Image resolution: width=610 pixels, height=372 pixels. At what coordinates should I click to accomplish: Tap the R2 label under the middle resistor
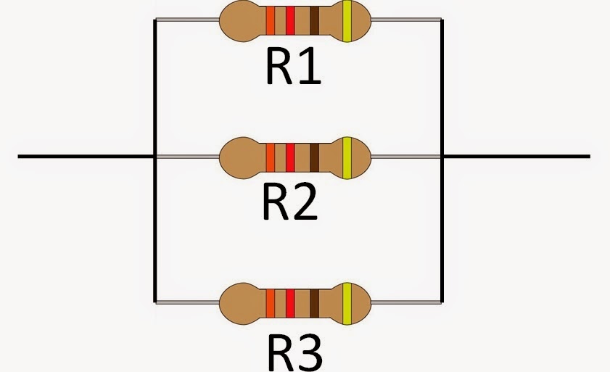point(289,204)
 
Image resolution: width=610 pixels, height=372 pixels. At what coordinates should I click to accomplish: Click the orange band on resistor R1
point(271,20)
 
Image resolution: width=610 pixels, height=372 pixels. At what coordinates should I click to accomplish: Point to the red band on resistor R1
point(290,20)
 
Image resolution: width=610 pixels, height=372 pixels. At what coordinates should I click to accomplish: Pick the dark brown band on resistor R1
point(314,20)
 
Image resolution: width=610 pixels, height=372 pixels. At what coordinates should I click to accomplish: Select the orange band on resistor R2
point(271,155)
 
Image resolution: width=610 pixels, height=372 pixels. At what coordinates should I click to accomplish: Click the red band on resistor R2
point(290,155)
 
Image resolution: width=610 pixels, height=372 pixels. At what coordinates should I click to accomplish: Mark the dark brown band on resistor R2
point(314,155)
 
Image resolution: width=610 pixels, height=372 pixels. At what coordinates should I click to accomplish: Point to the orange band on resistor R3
point(271,301)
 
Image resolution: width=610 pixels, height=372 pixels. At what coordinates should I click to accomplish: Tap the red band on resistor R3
point(290,301)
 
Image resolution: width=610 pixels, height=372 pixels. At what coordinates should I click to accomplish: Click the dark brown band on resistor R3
point(314,301)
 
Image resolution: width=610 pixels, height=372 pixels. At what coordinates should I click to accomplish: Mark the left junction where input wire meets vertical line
point(154,156)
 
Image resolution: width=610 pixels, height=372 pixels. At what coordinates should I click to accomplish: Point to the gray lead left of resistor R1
point(187,20)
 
